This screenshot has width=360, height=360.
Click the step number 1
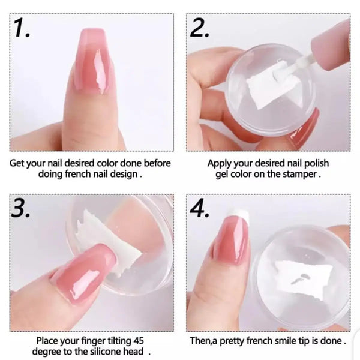point(22,28)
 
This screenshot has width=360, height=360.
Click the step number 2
point(199,28)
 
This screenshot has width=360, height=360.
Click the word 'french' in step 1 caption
point(78,174)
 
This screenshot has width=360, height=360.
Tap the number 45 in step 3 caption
point(138,340)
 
